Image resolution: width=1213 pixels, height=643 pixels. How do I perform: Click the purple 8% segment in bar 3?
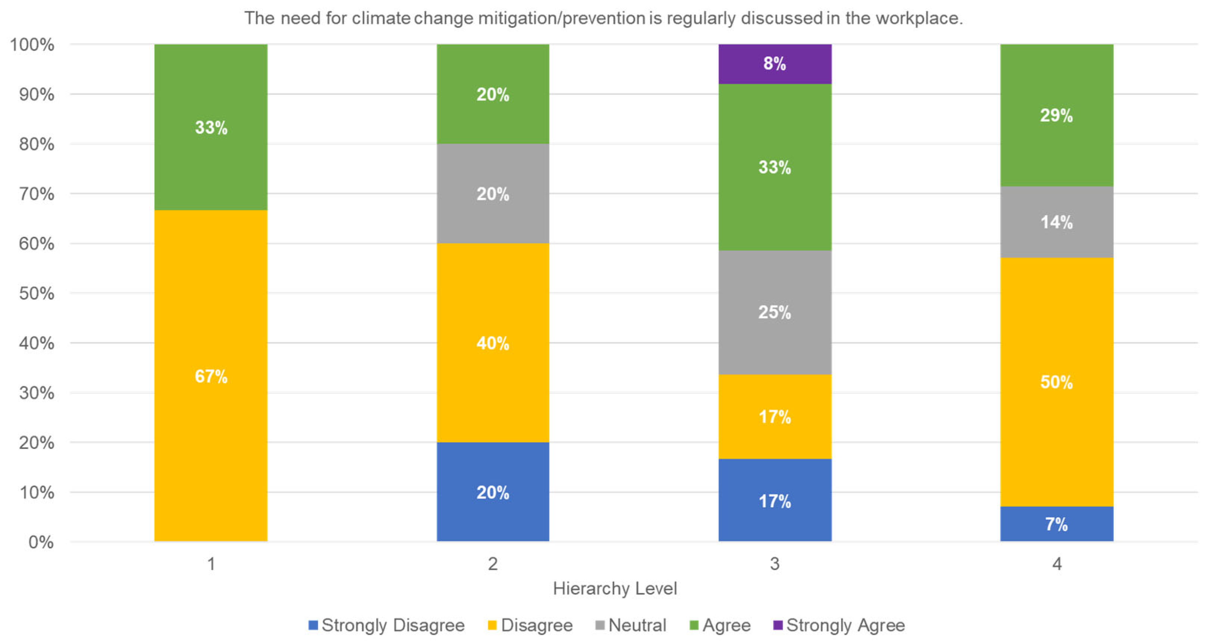click(775, 63)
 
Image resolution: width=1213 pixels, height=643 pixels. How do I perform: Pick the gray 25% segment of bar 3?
click(775, 312)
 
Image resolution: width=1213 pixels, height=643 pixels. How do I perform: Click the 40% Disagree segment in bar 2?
click(493, 343)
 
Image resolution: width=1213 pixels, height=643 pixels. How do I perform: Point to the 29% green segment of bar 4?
click(1056, 115)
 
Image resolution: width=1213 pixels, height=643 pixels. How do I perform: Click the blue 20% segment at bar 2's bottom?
click(493, 492)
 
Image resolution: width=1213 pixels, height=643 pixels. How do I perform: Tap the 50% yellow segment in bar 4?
click(1056, 382)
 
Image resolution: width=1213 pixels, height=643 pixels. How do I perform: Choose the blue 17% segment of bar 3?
click(775, 501)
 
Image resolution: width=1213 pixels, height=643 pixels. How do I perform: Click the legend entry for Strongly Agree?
click(840, 625)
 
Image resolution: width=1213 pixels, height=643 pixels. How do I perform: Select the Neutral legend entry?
click(631, 625)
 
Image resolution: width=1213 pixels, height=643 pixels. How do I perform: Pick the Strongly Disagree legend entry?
click(387, 625)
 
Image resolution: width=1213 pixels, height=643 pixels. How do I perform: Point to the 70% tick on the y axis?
click(36, 194)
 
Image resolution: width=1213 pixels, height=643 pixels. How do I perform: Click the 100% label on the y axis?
click(32, 45)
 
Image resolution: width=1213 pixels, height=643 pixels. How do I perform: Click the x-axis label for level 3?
click(775, 564)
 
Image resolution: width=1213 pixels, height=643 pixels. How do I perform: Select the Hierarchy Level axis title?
click(615, 589)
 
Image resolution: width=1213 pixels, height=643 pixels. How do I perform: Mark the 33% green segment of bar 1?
click(210, 127)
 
